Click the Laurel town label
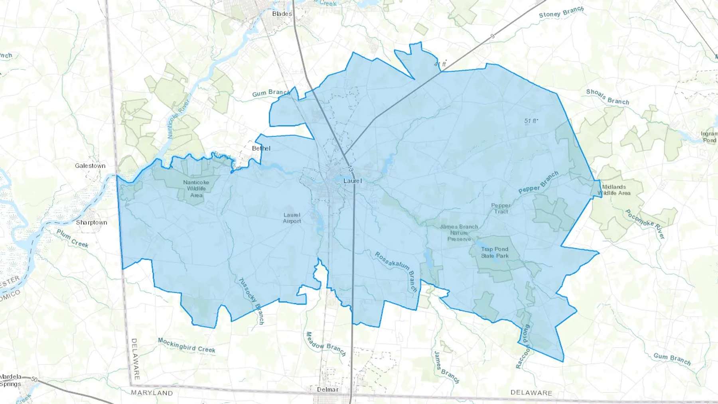(353, 181)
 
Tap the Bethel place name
(261, 148)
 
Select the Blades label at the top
(282, 14)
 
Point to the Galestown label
(90, 166)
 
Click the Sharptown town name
(91, 223)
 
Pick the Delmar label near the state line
(327, 389)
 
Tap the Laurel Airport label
(292, 218)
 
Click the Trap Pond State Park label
(495, 252)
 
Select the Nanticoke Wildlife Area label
(196, 189)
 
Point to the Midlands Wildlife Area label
(614, 190)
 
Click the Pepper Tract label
(501, 208)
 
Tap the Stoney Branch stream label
(561, 12)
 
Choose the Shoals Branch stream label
(608, 97)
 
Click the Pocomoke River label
(645, 224)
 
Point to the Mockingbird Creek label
(187, 345)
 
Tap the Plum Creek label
(72, 238)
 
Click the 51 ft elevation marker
(531, 121)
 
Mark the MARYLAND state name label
(152, 393)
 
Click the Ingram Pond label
(709, 137)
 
